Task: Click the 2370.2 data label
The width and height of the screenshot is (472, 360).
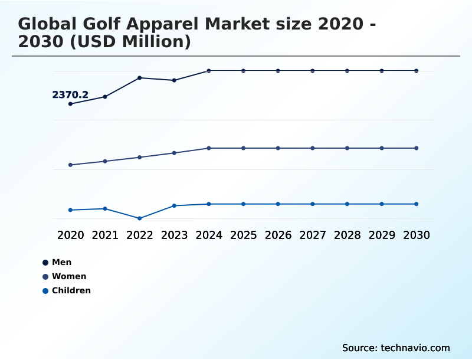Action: (70, 94)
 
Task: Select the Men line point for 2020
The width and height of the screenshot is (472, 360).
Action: (71, 104)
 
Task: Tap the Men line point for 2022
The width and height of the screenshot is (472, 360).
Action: (140, 78)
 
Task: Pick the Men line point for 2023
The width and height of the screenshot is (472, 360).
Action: (174, 80)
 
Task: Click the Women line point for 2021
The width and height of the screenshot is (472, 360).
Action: (105, 161)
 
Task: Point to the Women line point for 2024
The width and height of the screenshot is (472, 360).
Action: (209, 148)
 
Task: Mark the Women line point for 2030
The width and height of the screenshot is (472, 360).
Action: (417, 148)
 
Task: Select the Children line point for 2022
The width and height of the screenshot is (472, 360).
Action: (140, 218)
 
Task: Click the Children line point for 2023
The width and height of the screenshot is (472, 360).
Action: (174, 205)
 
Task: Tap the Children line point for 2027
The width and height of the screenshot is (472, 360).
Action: (313, 204)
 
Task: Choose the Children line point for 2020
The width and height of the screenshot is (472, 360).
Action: (71, 210)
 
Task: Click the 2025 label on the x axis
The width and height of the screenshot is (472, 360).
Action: (243, 235)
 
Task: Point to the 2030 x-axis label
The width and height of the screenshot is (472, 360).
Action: (417, 235)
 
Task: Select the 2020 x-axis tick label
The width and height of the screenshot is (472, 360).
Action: (71, 235)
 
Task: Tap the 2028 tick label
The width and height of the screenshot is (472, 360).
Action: (347, 235)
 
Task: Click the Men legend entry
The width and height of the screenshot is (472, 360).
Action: (61, 262)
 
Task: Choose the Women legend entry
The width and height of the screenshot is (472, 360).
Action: (69, 276)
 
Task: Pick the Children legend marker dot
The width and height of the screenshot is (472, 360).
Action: (45, 291)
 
